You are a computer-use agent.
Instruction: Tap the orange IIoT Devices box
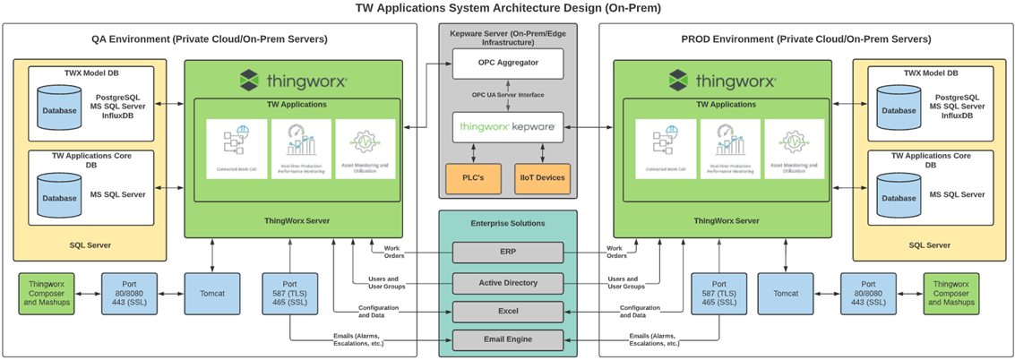coord(541,177)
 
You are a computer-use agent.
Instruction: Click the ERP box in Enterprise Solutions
coord(508,253)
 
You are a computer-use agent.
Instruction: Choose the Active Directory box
coord(508,283)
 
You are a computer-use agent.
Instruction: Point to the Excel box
coord(508,312)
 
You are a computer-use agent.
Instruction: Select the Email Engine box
coord(508,340)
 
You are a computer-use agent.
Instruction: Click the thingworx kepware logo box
coord(508,128)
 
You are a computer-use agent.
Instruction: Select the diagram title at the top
coord(507,9)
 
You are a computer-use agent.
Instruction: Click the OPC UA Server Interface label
coord(508,95)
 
